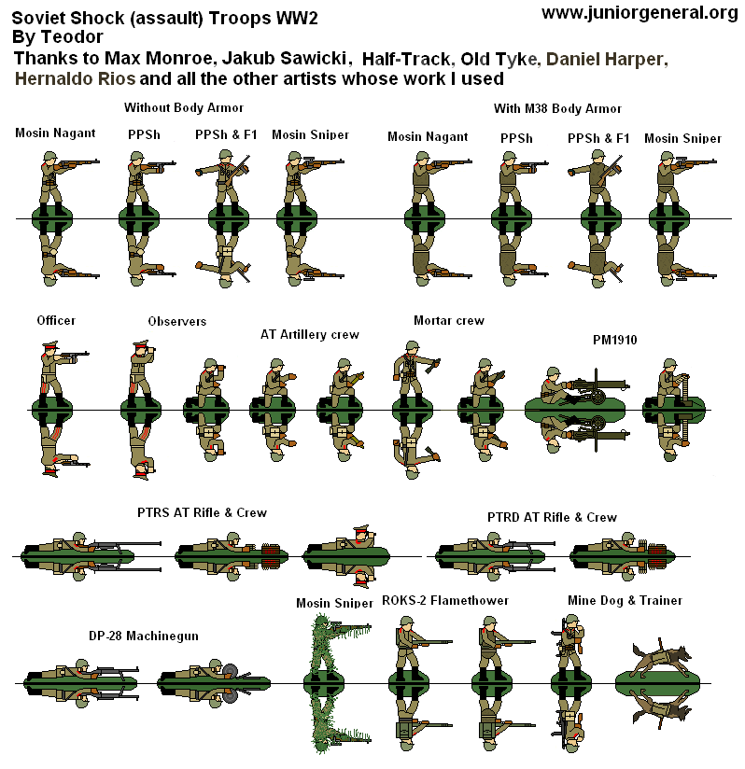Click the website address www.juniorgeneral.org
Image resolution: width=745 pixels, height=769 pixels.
click(639, 12)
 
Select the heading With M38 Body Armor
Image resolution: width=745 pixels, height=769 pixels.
click(557, 108)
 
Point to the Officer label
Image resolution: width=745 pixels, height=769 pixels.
click(56, 320)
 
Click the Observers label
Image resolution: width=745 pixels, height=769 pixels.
click(176, 321)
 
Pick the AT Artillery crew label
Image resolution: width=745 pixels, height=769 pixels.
click(309, 333)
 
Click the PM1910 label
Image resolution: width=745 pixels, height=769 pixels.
click(614, 340)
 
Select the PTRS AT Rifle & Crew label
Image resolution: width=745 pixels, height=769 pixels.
click(201, 512)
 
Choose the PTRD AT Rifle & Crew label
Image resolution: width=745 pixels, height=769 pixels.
click(552, 517)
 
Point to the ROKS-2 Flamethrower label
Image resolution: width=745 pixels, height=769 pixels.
click(445, 600)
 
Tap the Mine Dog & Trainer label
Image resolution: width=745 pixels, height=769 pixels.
click(625, 600)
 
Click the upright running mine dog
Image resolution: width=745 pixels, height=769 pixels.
click(661, 658)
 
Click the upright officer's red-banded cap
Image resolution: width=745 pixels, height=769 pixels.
click(49, 344)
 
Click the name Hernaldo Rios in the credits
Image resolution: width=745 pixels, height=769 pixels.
click(76, 79)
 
